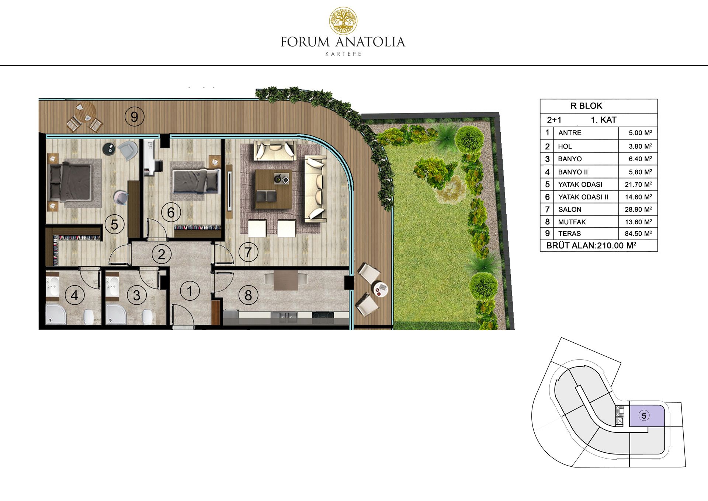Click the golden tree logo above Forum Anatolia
343,21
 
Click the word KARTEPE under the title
343,54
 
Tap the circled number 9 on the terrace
134,117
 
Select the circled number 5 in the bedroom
114,224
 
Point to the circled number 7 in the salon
248,252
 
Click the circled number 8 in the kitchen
248,295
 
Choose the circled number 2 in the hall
162,254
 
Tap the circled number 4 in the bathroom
74,295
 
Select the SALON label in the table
570,210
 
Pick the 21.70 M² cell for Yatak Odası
638,184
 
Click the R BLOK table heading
586,106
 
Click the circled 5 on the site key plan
644,416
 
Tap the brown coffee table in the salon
273,189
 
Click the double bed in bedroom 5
70,183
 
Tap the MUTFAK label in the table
572,222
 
